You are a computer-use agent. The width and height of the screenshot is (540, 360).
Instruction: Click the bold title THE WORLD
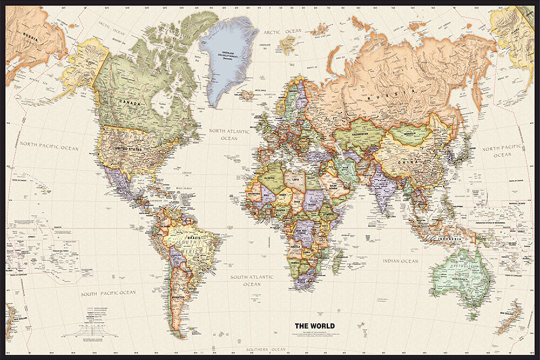[314, 325]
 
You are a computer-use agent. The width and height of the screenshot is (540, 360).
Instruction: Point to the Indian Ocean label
[400, 261]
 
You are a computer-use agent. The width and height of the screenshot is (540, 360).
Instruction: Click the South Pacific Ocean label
[109, 294]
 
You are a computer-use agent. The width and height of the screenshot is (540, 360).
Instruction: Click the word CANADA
[130, 104]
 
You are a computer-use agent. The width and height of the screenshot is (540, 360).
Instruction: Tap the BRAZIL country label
[193, 238]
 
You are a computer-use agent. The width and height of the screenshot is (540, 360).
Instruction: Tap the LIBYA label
[294, 179]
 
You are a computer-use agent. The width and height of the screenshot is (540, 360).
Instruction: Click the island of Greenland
[228, 57]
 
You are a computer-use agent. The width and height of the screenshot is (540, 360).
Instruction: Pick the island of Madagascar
[337, 260]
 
